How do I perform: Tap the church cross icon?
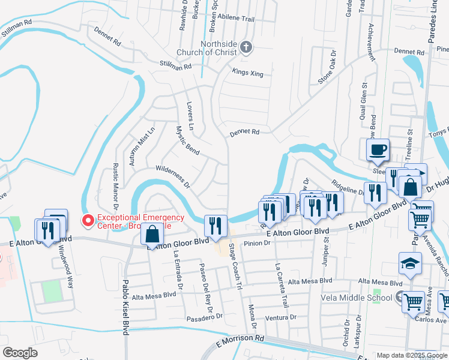pos(246,47)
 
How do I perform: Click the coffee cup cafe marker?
pos(378,150)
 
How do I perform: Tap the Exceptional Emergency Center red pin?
pos(88,221)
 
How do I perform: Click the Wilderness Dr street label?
pos(173,175)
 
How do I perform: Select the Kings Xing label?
pos(248,72)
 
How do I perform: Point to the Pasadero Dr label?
pos(204,316)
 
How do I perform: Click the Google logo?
pos(20,352)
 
